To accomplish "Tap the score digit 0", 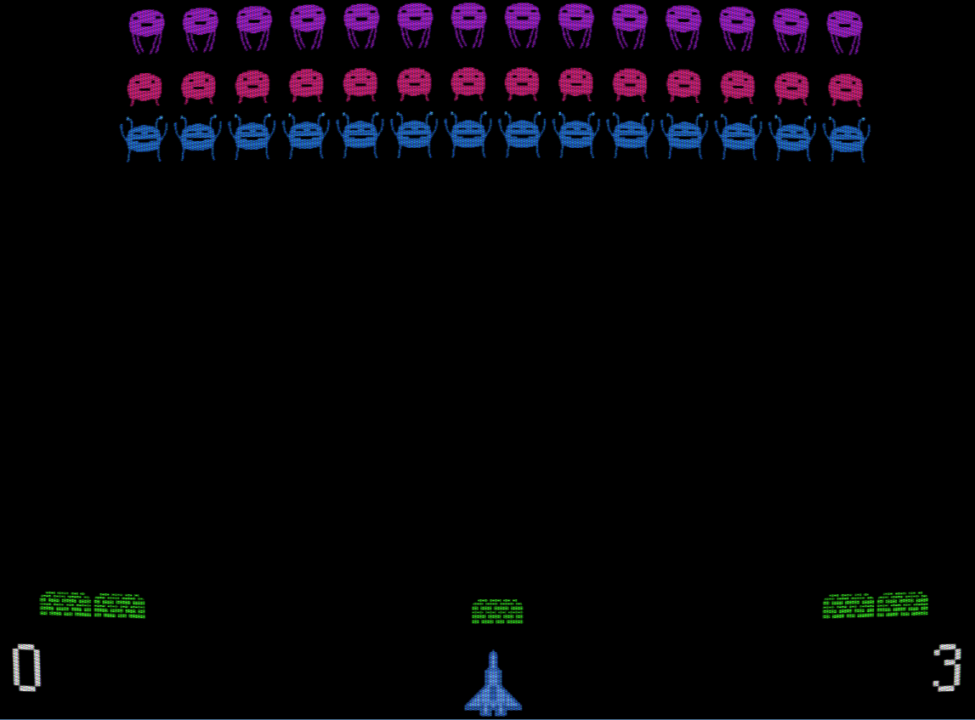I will [26, 667].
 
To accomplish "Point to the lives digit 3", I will [947, 667].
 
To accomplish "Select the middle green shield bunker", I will [497, 611].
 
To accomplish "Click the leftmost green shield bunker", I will [93, 604].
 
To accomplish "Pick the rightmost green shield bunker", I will [876, 604].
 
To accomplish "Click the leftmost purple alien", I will [146, 28].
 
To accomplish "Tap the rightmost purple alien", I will [844, 30].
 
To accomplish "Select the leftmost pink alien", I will [145, 88].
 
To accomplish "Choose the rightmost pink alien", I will [845, 88].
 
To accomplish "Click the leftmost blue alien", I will [144, 138].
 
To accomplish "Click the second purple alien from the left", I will [200, 27].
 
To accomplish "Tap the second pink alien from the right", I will [791, 87].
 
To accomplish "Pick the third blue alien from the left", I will [252, 137].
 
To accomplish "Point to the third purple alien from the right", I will [737, 26].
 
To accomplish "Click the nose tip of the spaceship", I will [493, 653].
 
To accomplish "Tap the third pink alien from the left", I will [252, 86].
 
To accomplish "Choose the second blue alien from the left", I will [198, 137].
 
